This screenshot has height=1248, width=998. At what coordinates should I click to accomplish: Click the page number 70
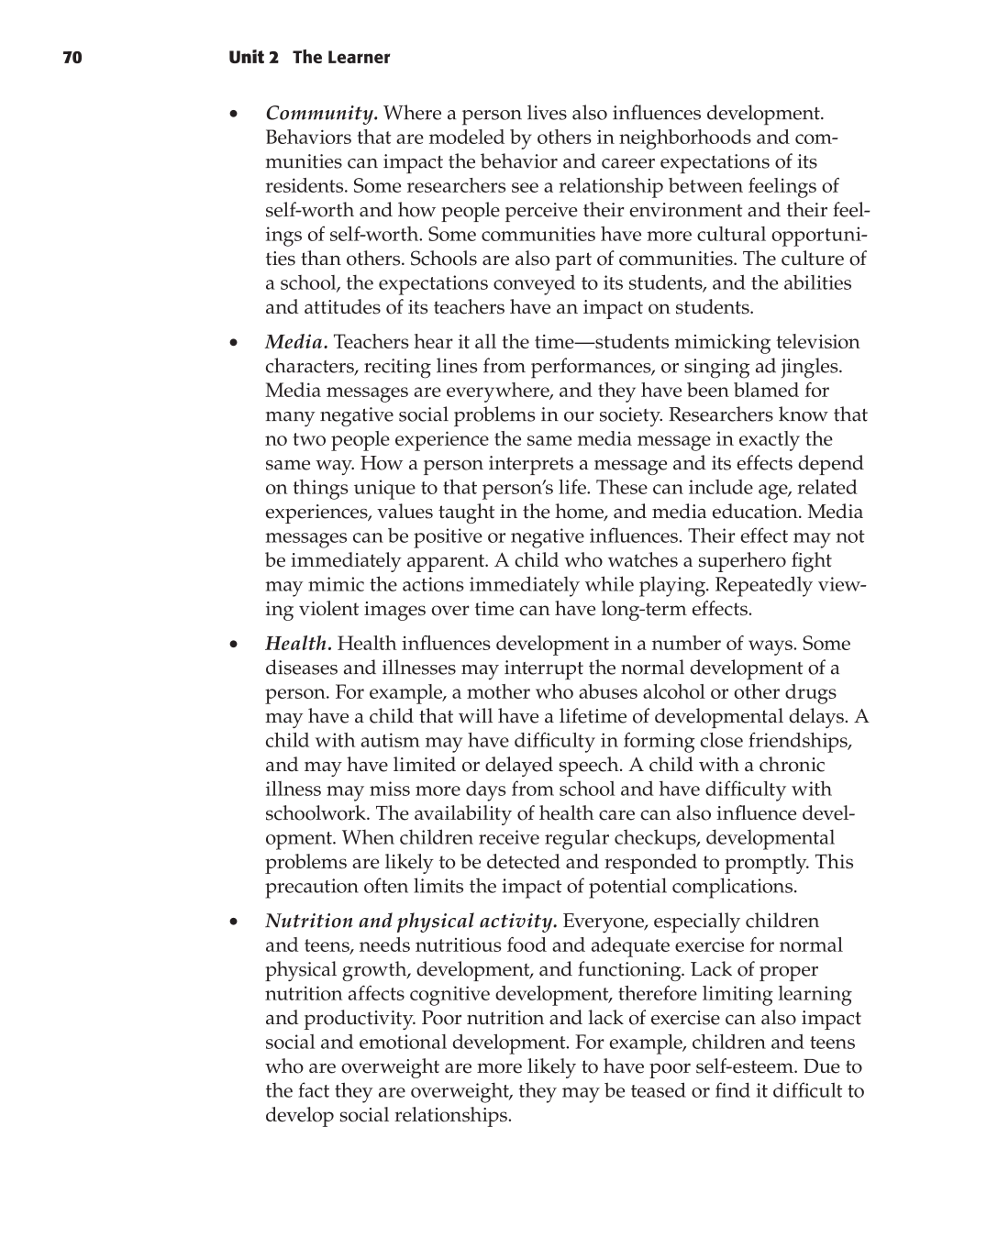72,58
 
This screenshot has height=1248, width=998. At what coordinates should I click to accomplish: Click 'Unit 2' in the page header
253,58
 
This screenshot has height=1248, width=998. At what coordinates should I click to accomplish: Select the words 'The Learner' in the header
341,58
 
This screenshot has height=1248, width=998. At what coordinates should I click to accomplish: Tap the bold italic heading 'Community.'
321,114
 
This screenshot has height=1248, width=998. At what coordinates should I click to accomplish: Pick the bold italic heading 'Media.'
296,342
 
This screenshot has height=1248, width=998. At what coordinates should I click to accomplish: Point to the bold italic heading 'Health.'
298,644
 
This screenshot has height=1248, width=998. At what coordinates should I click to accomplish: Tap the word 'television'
817,342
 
